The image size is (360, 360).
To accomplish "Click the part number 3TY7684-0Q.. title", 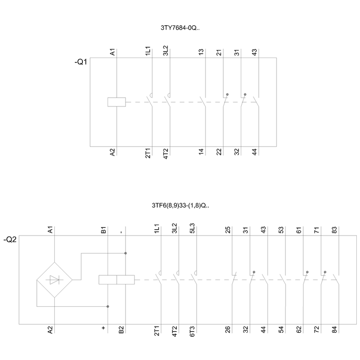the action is click(x=180, y=28).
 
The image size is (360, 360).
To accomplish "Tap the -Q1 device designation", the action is click(x=81, y=62).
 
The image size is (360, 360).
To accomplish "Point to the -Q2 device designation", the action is click(x=10, y=240).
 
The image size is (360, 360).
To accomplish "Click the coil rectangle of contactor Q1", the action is click(x=117, y=102).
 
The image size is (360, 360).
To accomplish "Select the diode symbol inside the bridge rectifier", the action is click(x=55, y=280).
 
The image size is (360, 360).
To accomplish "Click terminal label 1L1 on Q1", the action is click(x=148, y=51).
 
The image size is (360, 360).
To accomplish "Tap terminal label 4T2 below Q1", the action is click(x=166, y=154).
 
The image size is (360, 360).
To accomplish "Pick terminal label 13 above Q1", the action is click(x=201, y=52).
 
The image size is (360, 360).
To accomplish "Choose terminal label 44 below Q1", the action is click(x=254, y=152).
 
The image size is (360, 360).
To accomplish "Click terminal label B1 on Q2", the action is click(x=104, y=230).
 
